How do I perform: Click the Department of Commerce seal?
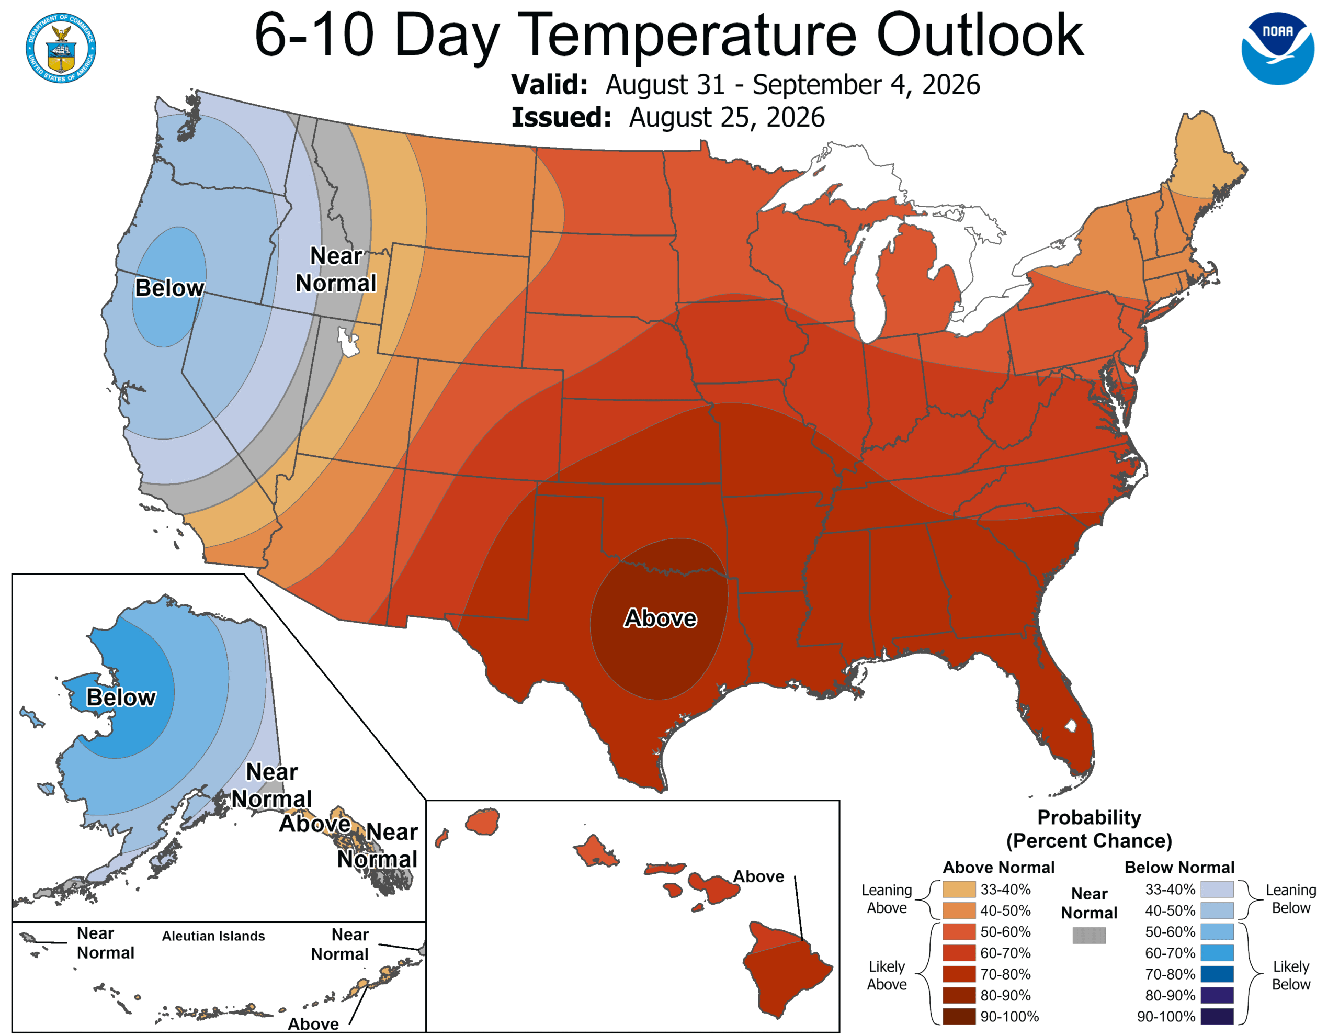point(61,48)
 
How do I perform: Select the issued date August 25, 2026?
point(727,117)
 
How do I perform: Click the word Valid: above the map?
point(549,85)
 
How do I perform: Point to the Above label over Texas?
point(660,618)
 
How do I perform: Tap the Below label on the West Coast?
point(169,288)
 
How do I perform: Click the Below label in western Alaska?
point(121,697)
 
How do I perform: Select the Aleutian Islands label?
point(213,936)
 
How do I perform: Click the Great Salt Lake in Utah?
point(348,342)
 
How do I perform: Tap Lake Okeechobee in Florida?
point(1071,726)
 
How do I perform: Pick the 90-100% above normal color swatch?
point(958,1017)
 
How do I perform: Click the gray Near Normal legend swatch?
point(1089,935)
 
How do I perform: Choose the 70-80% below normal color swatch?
point(1217,974)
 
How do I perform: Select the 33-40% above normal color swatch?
point(958,890)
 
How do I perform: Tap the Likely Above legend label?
point(887,975)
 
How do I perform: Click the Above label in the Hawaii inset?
point(758,876)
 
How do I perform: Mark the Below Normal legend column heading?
point(1179,867)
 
